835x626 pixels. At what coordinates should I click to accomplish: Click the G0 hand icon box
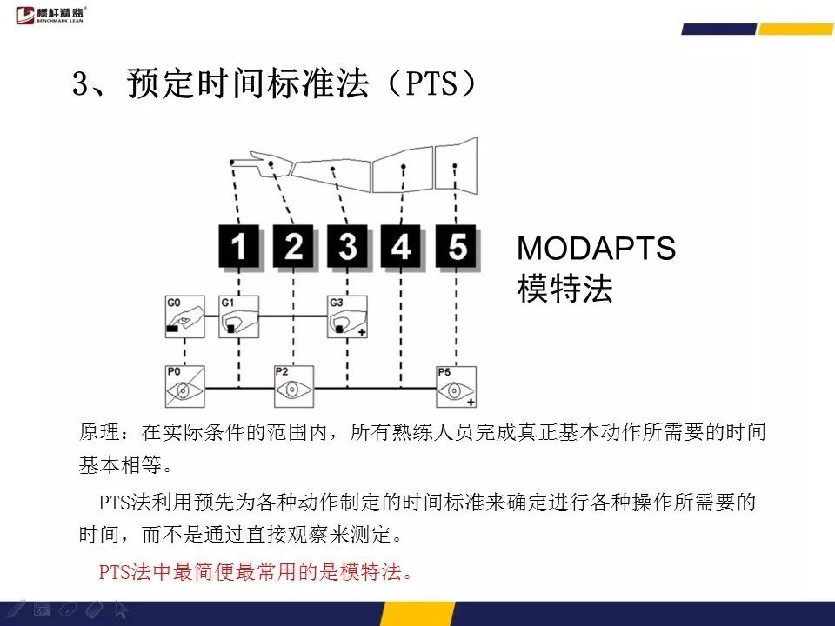184,316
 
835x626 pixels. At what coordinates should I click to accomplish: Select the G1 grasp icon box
239,316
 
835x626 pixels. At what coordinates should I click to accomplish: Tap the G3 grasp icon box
347,316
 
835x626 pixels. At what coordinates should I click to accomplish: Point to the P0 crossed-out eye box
184,386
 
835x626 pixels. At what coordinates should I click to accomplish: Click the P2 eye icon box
293,386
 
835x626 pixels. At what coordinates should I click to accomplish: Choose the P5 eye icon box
456,387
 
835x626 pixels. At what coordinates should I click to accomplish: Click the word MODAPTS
596,248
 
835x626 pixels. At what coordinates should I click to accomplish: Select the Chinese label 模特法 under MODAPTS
564,289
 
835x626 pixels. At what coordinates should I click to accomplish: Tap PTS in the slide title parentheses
431,84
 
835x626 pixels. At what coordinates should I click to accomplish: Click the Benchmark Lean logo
50,15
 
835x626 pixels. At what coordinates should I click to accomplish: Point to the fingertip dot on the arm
231,162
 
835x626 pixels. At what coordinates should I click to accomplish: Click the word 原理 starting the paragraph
99,432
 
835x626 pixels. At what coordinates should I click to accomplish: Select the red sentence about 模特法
255,572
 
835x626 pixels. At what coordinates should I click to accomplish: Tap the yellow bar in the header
796,30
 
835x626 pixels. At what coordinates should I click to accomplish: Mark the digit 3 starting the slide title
80,84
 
